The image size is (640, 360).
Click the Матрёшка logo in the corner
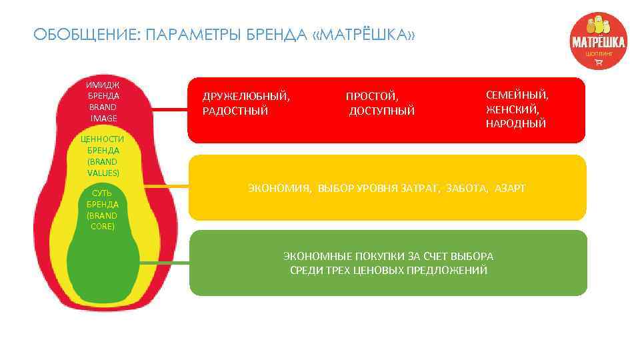(x=597, y=41)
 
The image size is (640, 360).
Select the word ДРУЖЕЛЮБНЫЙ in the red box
(x=246, y=97)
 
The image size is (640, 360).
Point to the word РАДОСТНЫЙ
(x=235, y=111)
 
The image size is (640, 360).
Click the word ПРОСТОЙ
(x=371, y=97)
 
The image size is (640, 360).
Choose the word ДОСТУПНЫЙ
(x=382, y=111)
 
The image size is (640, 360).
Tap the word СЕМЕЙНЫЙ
(x=516, y=95)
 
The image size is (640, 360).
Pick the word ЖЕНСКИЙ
(x=512, y=109)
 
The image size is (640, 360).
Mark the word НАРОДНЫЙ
(x=515, y=124)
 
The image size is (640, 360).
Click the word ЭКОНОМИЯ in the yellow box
(x=279, y=189)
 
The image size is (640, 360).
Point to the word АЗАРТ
(x=510, y=189)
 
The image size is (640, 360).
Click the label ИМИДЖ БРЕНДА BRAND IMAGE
(x=103, y=101)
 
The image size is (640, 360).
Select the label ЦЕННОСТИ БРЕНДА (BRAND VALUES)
(x=102, y=155)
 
